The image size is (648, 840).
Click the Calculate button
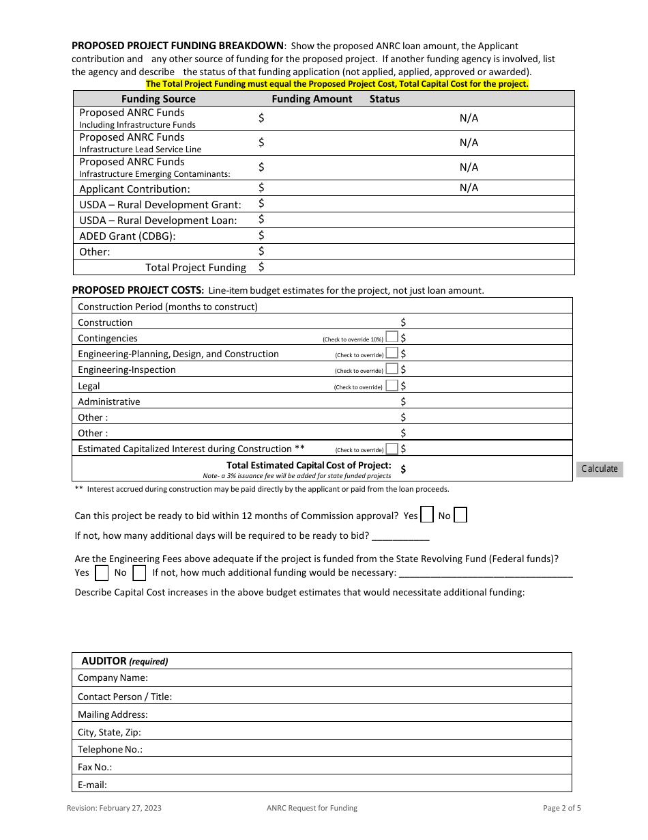(x=600, y=468)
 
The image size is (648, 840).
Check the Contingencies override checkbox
(x=392, y=337)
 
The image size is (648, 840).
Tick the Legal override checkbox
(x=392, y=385)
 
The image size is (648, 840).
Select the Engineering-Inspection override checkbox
(x=392, y=369)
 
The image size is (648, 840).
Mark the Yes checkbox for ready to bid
(x=427, y=515)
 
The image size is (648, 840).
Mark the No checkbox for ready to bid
(x=460, y=515)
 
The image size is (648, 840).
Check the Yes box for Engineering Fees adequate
(x=101, y=572)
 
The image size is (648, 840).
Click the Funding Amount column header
(x=312, y=99)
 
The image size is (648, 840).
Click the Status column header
(x=385, y=99)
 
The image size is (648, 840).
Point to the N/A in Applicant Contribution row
(x=469, y=188)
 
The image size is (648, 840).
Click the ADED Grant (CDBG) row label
(x=128, y=236)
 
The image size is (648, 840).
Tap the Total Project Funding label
(x=196, y=268)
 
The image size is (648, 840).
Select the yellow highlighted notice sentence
(x=337, y=84)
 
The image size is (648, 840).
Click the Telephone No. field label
(x=110, y=749)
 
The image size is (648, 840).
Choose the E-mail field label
(x=92, y=785)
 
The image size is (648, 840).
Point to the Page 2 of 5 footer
(x=562, y=808)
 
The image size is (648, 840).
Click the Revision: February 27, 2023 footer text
(x=114, y=808)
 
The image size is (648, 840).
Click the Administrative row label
(x=108, y=402)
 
